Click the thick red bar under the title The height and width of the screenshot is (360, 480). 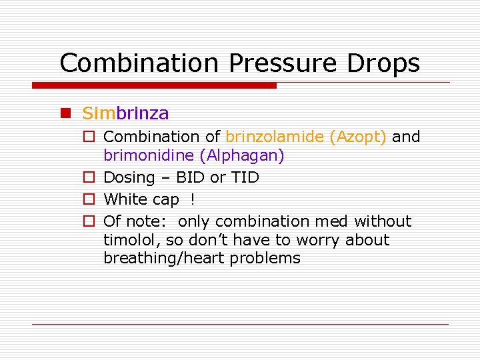[x=155, y=85]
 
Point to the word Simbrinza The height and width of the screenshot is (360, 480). [x=125, y=113]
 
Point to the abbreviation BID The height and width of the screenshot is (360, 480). [x=191, y=178]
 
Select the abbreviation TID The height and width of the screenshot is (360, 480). [x=244, y=178]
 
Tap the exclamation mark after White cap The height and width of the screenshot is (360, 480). [x=193, y=199]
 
